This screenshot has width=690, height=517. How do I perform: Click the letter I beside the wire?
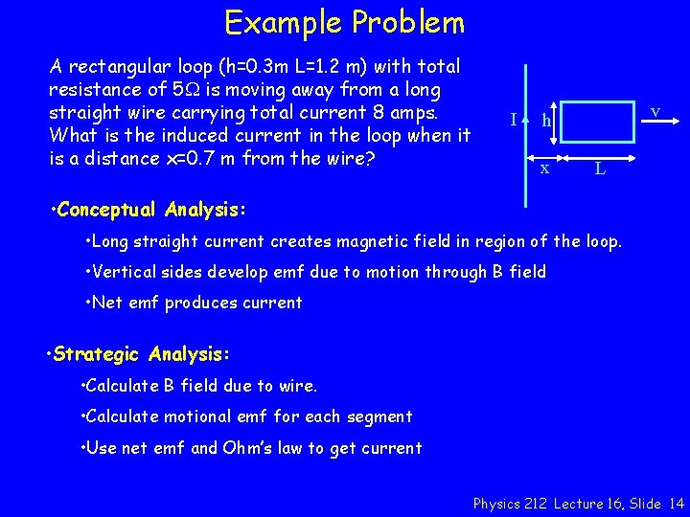[x=515, y=120]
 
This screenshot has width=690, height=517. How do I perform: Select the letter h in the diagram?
[x=546, y=121]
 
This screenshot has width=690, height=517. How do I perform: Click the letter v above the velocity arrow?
[x=655, y=112]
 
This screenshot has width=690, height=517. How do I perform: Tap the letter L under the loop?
[x=599, y=169]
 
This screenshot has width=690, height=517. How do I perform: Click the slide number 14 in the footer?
[x=677, y=503]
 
